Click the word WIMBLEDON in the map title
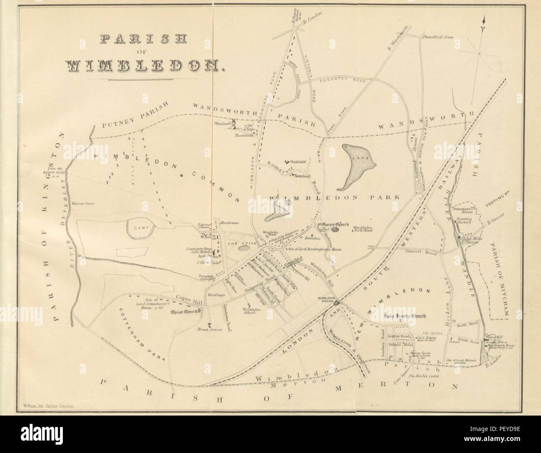point(141,65)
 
